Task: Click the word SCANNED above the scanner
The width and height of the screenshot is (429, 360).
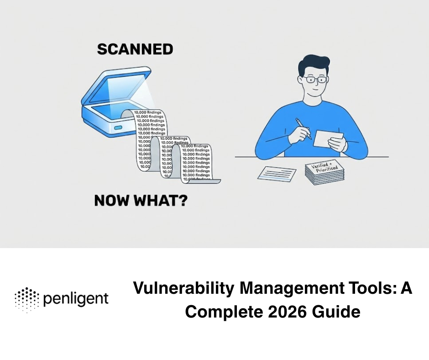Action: (x=135, y=49)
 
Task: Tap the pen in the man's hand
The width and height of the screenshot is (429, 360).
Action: (x=303, y=128)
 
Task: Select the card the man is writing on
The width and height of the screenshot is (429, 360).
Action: (x=328, y=137)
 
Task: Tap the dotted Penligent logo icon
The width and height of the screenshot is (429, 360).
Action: (x=26, y=300)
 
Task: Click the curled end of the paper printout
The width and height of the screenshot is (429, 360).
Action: (x=214, y=180)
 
